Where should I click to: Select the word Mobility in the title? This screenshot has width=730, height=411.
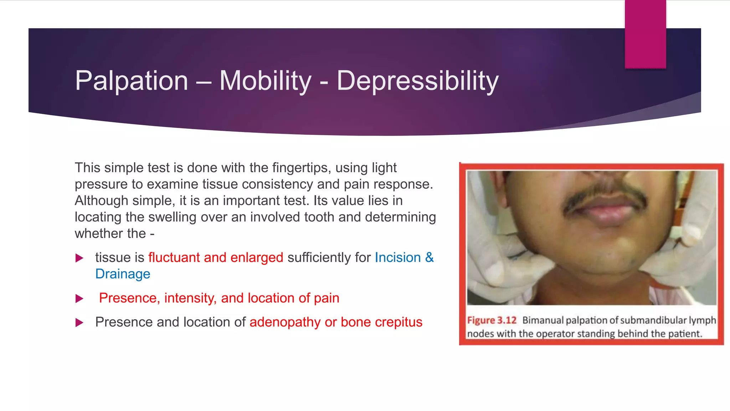click(265, 81)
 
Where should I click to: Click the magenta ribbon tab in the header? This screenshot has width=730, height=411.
click(645, 34)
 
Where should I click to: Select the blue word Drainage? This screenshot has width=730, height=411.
click(123, 274)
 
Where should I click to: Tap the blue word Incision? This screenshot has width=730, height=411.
click(397, 258)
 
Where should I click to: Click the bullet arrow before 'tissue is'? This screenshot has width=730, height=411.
click(79, 258)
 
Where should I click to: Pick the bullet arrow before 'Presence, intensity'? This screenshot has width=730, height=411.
click(79, 299)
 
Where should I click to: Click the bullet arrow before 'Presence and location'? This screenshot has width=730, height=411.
click(79, 323)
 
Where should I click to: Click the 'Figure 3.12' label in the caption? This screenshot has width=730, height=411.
click(492, 320)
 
